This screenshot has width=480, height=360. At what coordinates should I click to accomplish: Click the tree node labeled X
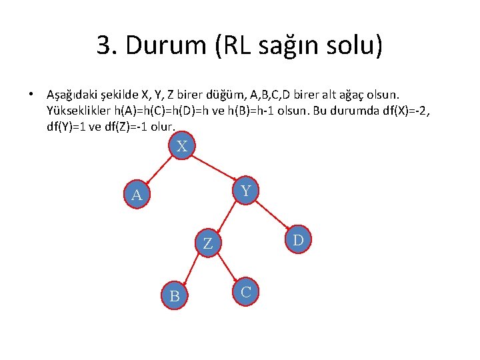pos(181,145)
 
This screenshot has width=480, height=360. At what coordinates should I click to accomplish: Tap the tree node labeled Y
pos(246,191)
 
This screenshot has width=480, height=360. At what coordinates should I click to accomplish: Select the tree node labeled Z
pos(208,244)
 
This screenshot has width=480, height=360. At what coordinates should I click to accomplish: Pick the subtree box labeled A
pos(137,195)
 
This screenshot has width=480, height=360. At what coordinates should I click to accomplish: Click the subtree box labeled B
pos(175,295)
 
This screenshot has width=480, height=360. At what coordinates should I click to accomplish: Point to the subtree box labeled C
pos(246,291)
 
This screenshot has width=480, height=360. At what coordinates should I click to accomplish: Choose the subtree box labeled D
pos(299,239)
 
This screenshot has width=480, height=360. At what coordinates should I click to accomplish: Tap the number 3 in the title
pos(104,46)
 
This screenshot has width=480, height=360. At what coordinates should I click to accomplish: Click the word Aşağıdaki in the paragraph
pos(73,95)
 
